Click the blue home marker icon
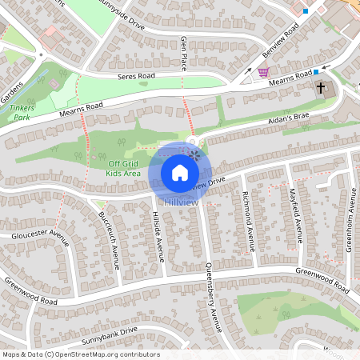point(180,172)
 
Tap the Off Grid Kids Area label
point(124,169)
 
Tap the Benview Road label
point(280,46)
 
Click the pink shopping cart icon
point(262,72)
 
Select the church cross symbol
point(323,88)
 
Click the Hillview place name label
point(180,202)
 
